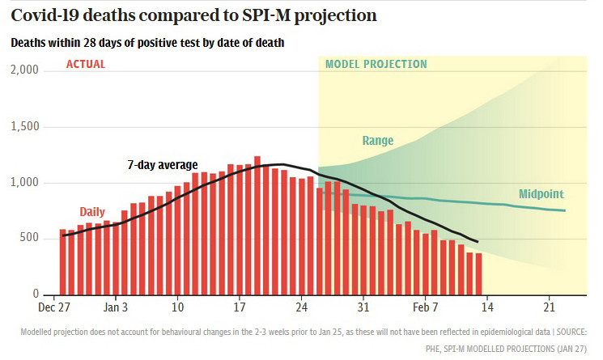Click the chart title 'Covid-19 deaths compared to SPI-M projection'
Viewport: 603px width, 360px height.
[193, 15]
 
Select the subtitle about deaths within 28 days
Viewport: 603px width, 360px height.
[147, 42]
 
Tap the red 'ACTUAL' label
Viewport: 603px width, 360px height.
[85, 64]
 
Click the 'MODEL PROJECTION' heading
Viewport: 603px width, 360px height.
[376, 64]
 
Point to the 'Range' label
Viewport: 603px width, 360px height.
[378, 141]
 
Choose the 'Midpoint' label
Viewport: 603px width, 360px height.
[541, 194]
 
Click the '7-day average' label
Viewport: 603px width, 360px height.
[163, 165]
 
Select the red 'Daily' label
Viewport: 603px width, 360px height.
[92, 212]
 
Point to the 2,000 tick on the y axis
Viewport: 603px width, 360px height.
[24, 70]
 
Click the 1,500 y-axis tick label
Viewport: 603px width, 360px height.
[25, 126]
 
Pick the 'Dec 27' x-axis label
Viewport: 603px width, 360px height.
[54, 307]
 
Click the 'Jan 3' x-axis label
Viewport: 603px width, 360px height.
[116, 307]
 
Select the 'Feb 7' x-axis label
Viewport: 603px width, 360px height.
[425, 307]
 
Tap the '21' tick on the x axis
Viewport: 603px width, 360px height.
[549, 307]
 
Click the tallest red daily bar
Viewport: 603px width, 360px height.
[257, 226]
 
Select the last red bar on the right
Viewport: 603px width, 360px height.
[479, 274]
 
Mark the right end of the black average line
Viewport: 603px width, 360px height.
[478, 242]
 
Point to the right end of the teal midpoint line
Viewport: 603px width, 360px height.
[565, 210]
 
